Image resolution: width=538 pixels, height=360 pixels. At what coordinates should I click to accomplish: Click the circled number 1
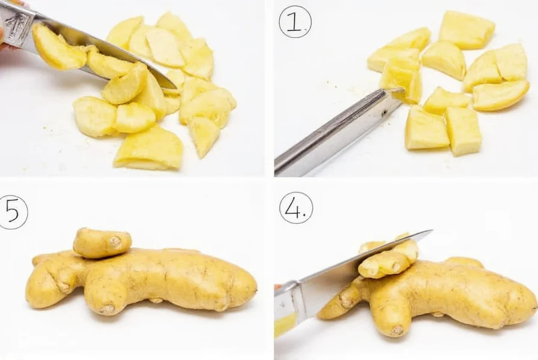pos(294,22)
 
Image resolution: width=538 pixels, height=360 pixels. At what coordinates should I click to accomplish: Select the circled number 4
pos(295,208)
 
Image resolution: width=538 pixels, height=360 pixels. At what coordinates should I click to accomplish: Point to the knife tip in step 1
pos(400,90)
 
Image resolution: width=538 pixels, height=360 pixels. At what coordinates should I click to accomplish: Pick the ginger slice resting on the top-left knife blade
pos(58,48)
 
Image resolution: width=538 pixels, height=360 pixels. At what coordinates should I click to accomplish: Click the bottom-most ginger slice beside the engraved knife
pos(149,149)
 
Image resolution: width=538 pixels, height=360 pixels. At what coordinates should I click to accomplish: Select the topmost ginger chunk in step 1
pos(467,29)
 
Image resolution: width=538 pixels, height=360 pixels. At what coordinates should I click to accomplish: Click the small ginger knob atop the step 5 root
pos(102,242)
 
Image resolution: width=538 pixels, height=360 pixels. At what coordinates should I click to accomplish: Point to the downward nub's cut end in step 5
pos(107,309)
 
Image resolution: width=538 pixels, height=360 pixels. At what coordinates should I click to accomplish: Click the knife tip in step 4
pos(431,231)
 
